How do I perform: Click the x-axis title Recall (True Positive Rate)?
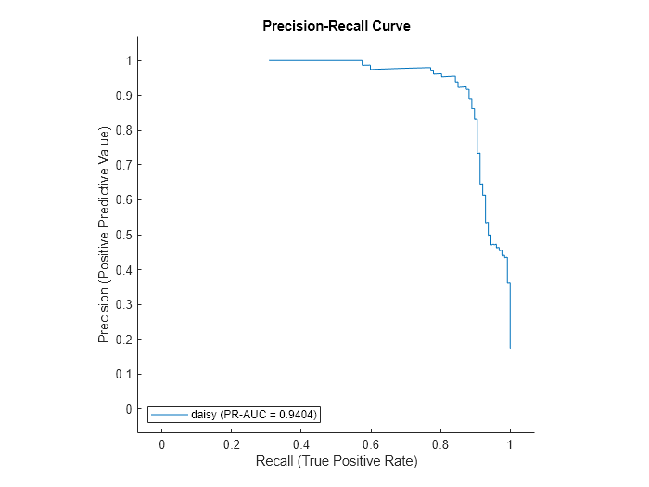pyautogui.click(x=336, y=461)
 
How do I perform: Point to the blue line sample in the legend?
pyautogui.click(x=170, y=415)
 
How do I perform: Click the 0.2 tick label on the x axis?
pyautogui.click(x=232, y=444)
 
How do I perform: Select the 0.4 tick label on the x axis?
pyautogui.click(x=301, y=444)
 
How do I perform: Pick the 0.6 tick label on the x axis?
pyautogui.click(x=371, y=444)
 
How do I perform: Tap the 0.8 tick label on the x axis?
pyautogui.click(x=440, y=444)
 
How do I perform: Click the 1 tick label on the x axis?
pyautogui.click(x=510, y=444)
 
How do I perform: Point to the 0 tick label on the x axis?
pyautogui.click(x=162, y=444)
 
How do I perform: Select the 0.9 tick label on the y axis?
pyautogui.click(x=124, y=96)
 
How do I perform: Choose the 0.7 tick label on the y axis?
pyautogui.click(x=124, y=165)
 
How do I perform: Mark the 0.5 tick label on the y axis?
pyautogui.click(x=124, y=235)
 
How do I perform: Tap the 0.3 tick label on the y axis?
pyautogui.click(x=124, y=304)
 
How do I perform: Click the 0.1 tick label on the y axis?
pyautogui.click(x=124, y=374)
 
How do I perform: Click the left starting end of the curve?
pyautogui.click(x=270, y=60)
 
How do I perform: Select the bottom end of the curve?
pyautogui.click(x=510, y=348)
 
